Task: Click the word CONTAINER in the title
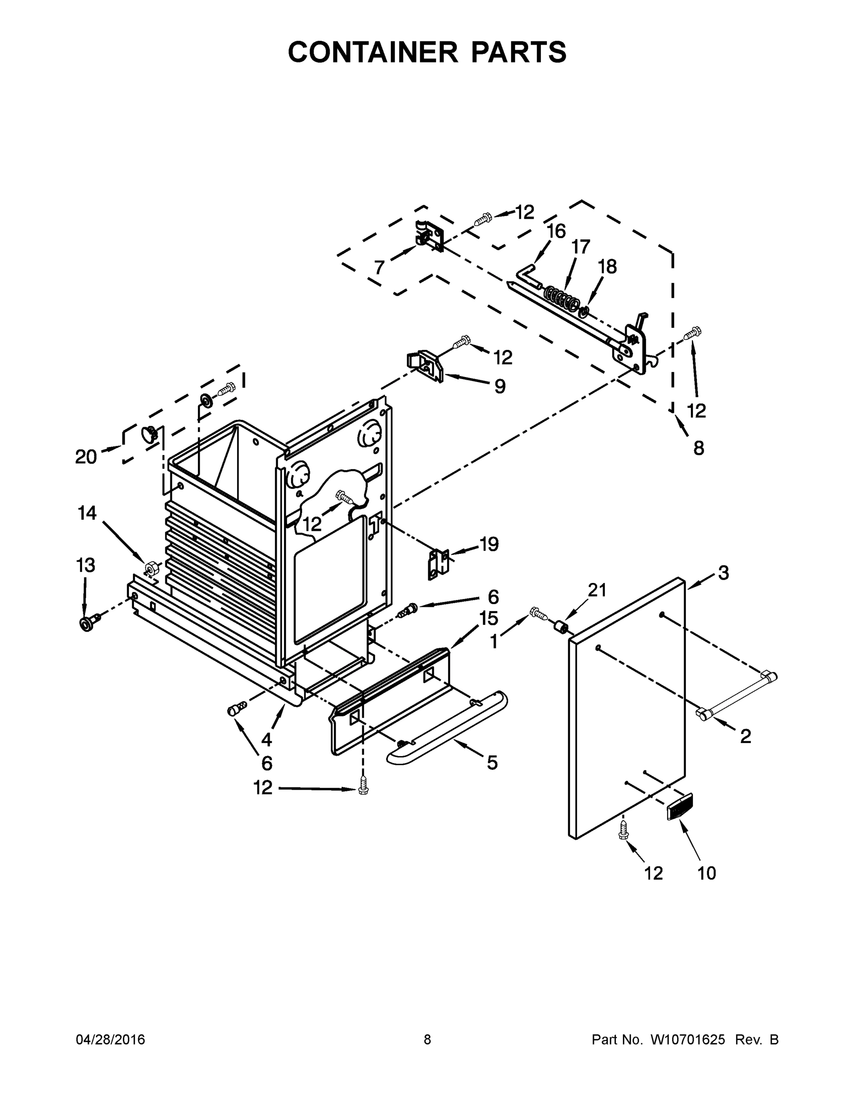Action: [x=373, y=52]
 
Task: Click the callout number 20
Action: [x=86, y=457]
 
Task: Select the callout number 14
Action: [x=87, y=513]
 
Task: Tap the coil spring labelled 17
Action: [x=561, y=300]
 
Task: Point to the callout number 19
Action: [x=489, y=544]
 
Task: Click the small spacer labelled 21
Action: [x=561, y=628]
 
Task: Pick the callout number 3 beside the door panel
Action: [x=723, y=573]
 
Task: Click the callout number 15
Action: [x=489, y=618]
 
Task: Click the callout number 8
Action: [x=698, y=448]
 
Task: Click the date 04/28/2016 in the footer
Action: [x=110, y=1040]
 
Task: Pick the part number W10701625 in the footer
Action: [x=686, y=1040]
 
